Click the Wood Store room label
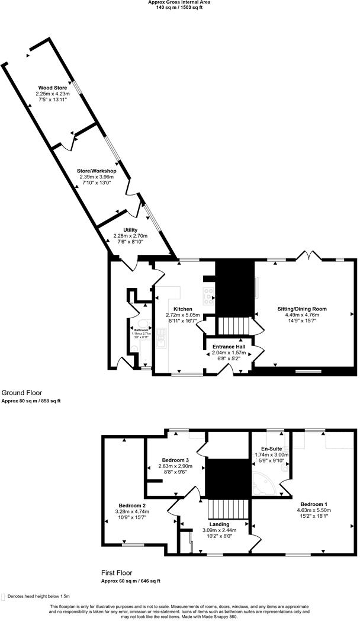tap(49, 88)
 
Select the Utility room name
tap(130, 230)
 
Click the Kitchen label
tap(182, 309)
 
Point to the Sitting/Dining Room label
tap(302, 309)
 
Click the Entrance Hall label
tap(229, 347)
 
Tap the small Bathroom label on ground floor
tap(141, 330)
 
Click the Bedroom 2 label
tap(133, 505)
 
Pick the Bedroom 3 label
tap(175, 460)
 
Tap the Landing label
tap(220, 524)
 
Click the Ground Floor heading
tap(21, 393)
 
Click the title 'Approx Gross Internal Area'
tap(179, 2)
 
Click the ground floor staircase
tap(236, 325)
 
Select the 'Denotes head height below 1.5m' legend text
tap(39, 596)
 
